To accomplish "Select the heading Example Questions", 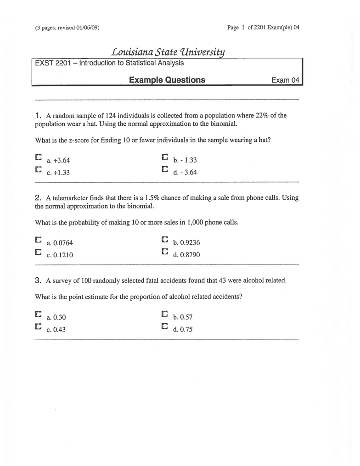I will (x=167, y=80).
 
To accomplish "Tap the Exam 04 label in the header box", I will (x=285, y=80).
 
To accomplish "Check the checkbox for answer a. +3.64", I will (x=38, y=157).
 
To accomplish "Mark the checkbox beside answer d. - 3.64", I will (x=165, y=169).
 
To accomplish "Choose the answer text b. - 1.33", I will (x=185, y=160).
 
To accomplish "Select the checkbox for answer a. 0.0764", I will (x=38, y=240).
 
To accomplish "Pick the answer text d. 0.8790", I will (x=186, y=255).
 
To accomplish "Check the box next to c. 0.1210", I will (x=38, y=252).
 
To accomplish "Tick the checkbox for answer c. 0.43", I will (x=38, y=326).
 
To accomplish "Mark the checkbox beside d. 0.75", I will (x=165, y=326).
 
